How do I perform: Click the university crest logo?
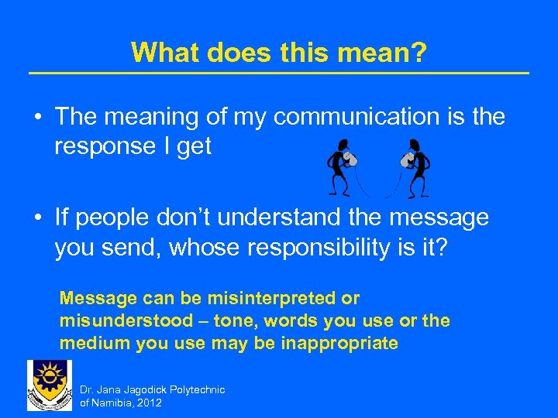click(49, 385)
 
